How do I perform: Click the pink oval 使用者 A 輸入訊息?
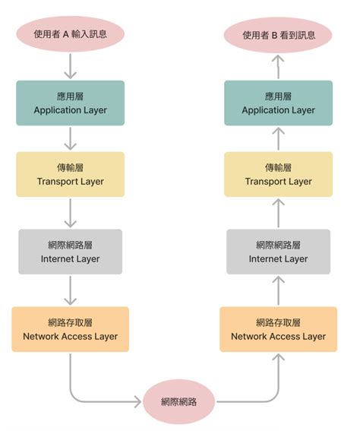(70, 34)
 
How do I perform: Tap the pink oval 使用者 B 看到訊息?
(278, 34)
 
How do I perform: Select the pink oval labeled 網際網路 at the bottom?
(179, 401)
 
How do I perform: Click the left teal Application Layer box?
(70, 103)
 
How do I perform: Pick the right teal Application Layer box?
(278, 103)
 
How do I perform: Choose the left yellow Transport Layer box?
(70, 174)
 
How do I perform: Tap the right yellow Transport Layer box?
(278, 174)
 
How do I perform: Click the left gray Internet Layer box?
(70, 252)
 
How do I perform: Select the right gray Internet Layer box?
(278, 252)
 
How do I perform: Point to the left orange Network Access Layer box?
(70, 329)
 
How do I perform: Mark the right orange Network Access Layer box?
(278, 329)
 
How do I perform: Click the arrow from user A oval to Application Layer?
(70, 67)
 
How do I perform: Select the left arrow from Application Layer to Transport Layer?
(70, 138)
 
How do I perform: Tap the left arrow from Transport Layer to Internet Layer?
(70, 213)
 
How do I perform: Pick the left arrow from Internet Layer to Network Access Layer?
(70, 290)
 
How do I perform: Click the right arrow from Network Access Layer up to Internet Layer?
(278, 290)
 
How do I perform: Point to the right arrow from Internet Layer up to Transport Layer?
(278, 213)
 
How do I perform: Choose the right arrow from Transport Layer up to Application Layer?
(278, 138)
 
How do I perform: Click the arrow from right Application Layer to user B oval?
(278, 67)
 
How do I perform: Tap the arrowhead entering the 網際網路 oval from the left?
(137, 400)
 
